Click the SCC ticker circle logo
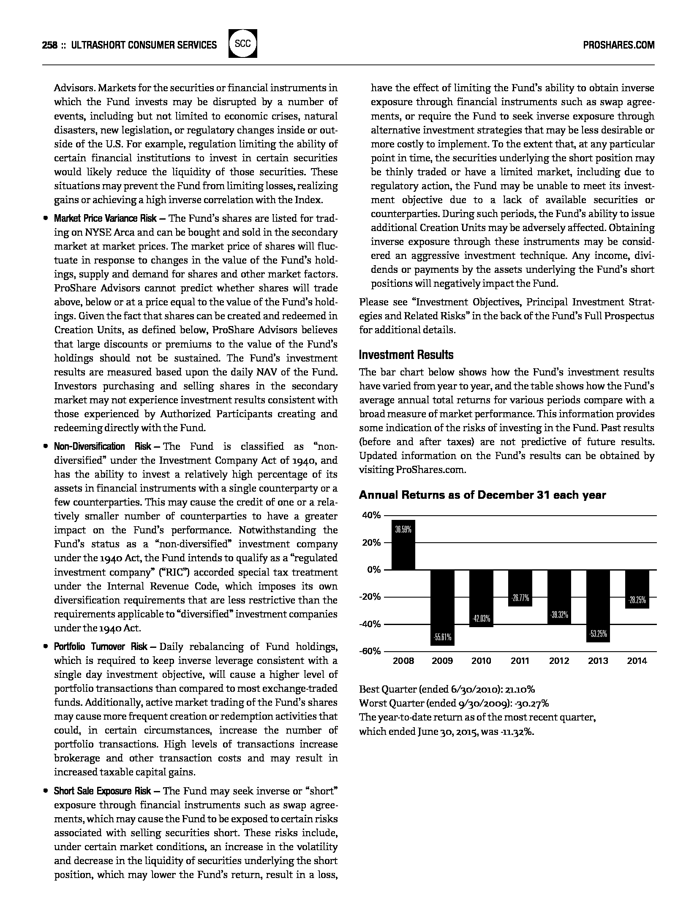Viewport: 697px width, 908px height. click(x=243, y=43)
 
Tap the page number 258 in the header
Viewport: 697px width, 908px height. click(x=50, y=45)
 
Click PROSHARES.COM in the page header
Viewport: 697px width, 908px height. click(x=618, y=45)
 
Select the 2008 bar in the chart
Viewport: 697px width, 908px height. click(x=403, y=545)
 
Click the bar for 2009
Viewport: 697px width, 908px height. click(x=442, y=607)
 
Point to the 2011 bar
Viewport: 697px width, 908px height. click(x=520, y=587)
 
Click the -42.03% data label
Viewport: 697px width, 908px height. click(x=481, y=619)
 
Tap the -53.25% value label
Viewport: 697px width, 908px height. click(x=598, y=634)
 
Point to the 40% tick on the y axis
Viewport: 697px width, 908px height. click(x=372, y=515)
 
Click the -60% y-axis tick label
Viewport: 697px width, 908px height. click(x=370, y=651)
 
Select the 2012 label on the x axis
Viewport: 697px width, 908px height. click(x=559, y=661)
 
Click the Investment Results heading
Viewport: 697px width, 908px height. click(x=406, y=355)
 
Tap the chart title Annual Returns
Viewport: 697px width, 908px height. click(x=482, y=495)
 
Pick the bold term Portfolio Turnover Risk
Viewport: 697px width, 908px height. click(x=101, y=647)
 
